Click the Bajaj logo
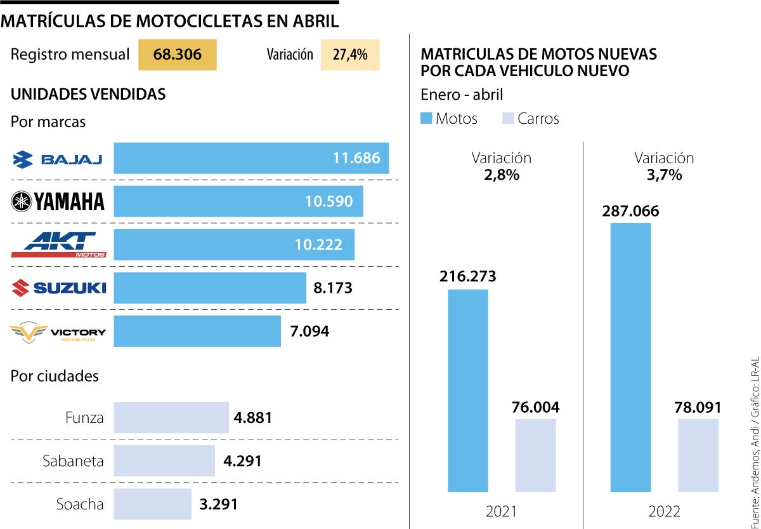pyautogui.click(x=58, y=159)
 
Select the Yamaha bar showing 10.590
pyautogui.click(x=238, y=201)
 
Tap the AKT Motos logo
pyautogui.click(x=58, y=245)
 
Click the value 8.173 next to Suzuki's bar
pyautogui.click(x=333, y=288)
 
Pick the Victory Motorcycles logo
pyautogui.click(x=58, y=332)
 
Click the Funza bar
pyautogui.click(x=171, y=418)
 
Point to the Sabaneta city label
pyautogui.click(x=73, y=461)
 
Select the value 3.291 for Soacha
pyautogui.click(x=218, y=505)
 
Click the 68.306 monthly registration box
pyautogui.click(x=178, y=55)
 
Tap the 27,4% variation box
pyautogui.click(x=350, y=55)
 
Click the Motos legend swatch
pyautogui.click(x=426, y=119)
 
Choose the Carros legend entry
pyautogui.click(x=530, y=119)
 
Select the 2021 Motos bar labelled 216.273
pyautogui.click(x=468, y=391)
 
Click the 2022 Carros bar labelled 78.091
pyautogui.click(x=698, y=455)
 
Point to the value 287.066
pyautogui.click(x=630, y=211)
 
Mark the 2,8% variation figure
pyautogui.click(x=501, y=175)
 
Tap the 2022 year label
pyautogui.click(x=664, y=512)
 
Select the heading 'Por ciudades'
pyautogui.click(x=55, y=376)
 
